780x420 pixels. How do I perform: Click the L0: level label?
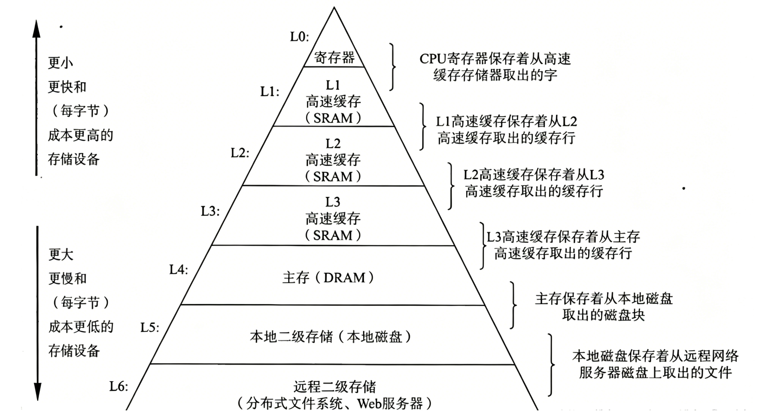tap(299, 37)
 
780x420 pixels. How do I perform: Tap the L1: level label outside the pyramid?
tap(270, 91)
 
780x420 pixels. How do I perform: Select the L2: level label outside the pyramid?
tap(240, 153)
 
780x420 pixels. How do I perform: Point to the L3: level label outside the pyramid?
tap(210, 211)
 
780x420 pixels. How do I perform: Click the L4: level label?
tap(178, 270)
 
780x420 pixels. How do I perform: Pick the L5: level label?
tap(150, 327)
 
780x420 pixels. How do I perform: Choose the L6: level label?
tap(118, 386)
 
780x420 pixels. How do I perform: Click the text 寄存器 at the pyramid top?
tap(334, 58)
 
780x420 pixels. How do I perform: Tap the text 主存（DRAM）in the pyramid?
tap(328, 278)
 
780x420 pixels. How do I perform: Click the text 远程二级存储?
tap(335, 387)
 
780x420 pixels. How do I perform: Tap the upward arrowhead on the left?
tap(36, 29)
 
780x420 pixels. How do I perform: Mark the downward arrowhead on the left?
tap(37, 392)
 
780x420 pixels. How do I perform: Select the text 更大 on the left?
tap(61, 254)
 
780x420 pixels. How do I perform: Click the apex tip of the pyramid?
tap(334, 8)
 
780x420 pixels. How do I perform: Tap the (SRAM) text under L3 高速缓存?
tap(333, 235)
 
